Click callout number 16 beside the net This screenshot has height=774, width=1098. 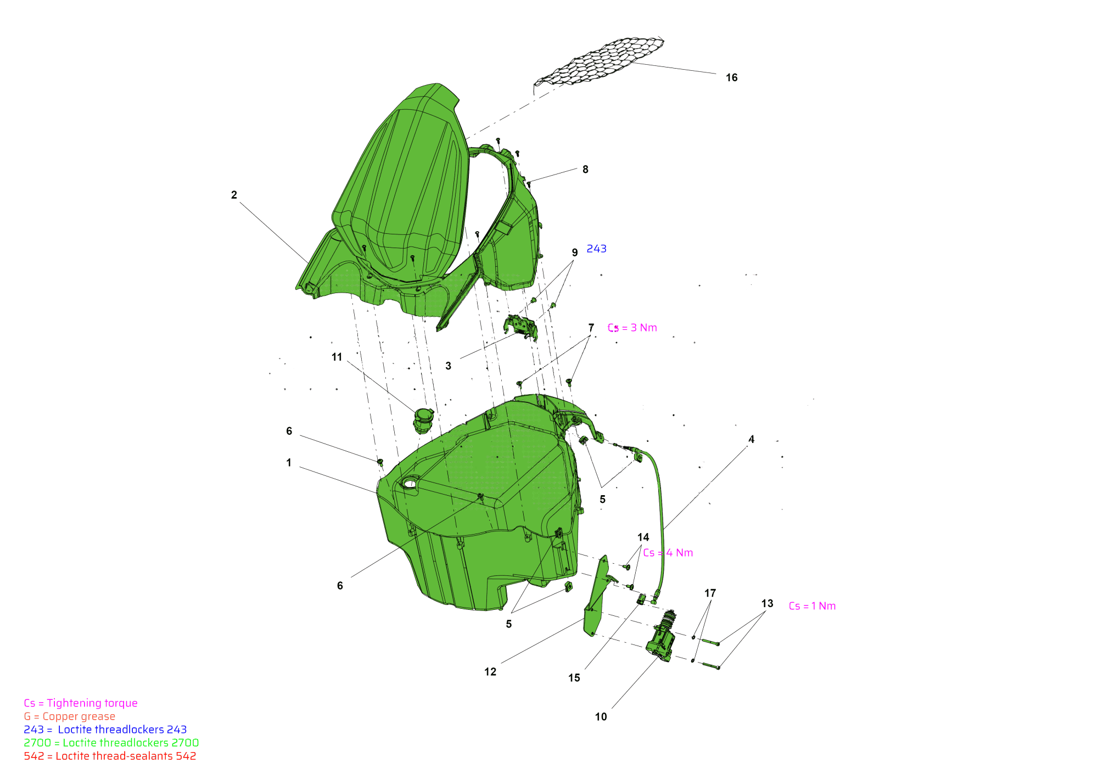tap(731, 78)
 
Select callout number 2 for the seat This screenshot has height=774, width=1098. tap(234, 195)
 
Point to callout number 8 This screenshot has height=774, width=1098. tap(585, 170)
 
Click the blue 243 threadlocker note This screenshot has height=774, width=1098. tap(596, 249)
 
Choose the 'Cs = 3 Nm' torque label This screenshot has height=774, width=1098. tap(632, 328)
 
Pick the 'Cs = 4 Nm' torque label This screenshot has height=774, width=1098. tap(668, 553)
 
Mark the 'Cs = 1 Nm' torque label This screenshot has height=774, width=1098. tap(812, 606)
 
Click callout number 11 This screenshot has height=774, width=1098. tap(337, 357)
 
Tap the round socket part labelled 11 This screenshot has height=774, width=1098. tap(422, 420)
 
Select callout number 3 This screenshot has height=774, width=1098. tap(448, 366)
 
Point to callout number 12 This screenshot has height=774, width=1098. tap(490, 672)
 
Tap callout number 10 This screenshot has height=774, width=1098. tap(601, 717)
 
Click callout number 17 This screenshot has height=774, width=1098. tap(710, 593)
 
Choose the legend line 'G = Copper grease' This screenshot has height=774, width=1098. tap(70, 716)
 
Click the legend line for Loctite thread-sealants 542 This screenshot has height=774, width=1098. tap(110, 756)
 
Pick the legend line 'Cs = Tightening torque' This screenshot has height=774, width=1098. tap(81, 703)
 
